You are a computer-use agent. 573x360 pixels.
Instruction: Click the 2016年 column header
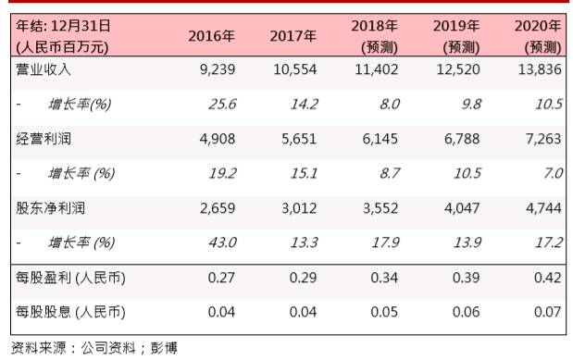tap(211, 36)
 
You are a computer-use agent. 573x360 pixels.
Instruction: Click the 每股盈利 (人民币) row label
tap(71, 276)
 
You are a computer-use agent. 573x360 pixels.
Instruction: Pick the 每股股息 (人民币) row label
tap(71, 311)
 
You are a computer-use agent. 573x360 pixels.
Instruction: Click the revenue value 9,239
tap(218, 69)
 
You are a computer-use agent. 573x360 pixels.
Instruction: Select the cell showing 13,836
tap(542, 69)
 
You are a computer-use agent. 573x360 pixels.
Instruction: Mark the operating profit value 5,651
tap(301, 138)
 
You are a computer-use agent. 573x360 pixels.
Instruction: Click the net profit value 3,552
tap(380, 206)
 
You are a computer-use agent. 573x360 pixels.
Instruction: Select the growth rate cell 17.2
tap(549, 242)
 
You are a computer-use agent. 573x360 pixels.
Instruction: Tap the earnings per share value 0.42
tap(550, 276)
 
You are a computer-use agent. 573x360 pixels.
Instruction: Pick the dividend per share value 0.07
tap(550, 311)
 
